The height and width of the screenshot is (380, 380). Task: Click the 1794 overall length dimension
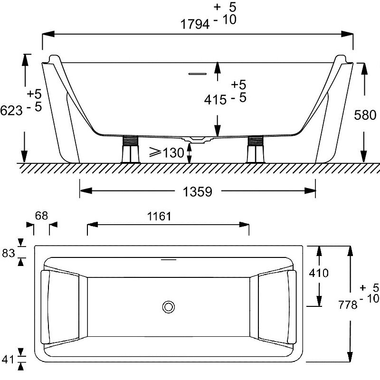tap(195, 24)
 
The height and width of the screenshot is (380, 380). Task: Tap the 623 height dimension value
tap(11, 111)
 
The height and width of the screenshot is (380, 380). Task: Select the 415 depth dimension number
tap(216, 100)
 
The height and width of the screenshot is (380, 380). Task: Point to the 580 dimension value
tap(365, 115)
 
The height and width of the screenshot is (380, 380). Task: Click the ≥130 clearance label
tap(167, 152)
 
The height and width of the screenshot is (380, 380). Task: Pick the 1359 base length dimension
tap(197, 192)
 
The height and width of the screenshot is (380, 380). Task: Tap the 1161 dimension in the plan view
tap(159, 216)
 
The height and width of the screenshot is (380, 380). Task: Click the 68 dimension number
tap(41, 216)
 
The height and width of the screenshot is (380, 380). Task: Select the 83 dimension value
tap(9, 253)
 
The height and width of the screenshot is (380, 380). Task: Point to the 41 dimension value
tap(8, 359)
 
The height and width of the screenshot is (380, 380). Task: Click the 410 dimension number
tap(318, 273)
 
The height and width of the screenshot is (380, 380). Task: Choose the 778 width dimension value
tap(348, 304)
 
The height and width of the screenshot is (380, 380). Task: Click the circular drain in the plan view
tap(169, 307)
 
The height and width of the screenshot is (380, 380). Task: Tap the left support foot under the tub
tap(130, 149)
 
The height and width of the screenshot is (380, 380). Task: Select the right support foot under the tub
tap(256, 149)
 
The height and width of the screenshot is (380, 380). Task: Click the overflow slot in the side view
tap(198, 74)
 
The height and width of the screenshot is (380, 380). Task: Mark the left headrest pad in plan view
tap(45, 307)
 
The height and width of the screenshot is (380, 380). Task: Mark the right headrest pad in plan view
tap(292, 307)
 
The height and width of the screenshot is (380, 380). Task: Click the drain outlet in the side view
tap(197, 139)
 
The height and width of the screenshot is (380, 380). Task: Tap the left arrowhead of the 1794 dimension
tap(48, 34)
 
